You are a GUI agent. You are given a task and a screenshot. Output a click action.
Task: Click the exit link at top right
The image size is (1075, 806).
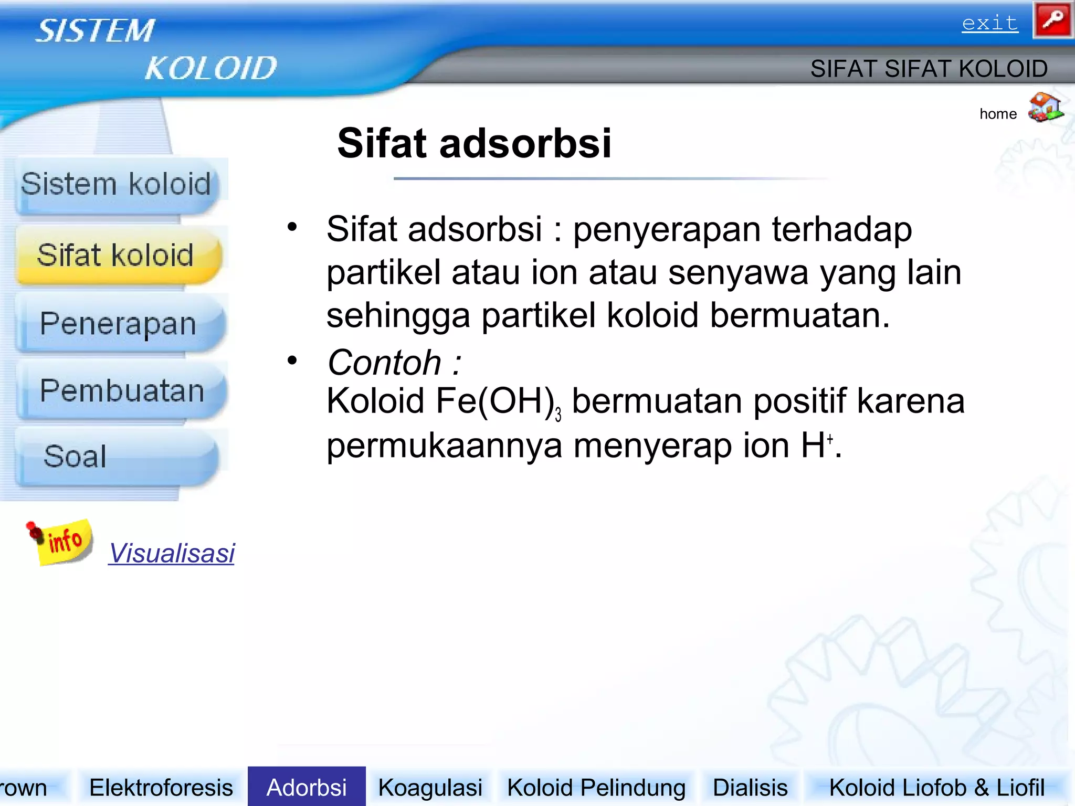coord(989,23)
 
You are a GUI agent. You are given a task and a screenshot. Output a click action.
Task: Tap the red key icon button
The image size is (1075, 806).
coord(1052,20)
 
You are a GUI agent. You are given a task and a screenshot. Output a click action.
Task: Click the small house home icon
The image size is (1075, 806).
coord(1045,108)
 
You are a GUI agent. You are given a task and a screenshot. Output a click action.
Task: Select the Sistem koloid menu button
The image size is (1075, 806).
coord(116,185)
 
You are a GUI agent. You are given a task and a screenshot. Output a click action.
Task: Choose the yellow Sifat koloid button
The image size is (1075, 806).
coord(116,256)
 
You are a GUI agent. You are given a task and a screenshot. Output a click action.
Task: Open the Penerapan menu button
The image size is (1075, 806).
coord(119,324)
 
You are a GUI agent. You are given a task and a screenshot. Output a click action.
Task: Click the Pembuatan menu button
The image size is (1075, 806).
coord(122,391)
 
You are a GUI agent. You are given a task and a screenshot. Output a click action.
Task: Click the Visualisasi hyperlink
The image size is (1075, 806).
coord(172,553)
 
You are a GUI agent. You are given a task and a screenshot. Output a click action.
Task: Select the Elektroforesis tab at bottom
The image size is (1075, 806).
coord(161,788)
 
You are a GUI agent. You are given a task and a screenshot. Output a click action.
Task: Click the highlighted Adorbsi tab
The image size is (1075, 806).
coord(307,788)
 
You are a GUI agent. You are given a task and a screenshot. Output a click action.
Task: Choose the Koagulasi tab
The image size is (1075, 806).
coord(430,788)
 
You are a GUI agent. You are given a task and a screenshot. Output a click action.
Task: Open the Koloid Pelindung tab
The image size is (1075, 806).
coord(596,788)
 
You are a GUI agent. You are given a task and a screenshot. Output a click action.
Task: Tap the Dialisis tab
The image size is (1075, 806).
coord(750,788)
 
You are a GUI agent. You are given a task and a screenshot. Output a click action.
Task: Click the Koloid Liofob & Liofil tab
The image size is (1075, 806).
coord(936,788)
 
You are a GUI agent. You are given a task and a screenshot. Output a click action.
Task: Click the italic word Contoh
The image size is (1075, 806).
coord(384,363)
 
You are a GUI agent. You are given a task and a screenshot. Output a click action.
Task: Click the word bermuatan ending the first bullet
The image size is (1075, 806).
coord(799,316)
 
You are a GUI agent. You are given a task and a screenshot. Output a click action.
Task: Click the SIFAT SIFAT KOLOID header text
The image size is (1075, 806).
coord(929,69)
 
